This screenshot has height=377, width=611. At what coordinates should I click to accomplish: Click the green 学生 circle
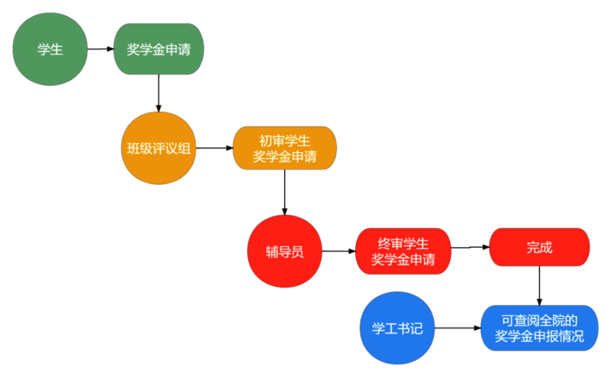(x=50, y=49)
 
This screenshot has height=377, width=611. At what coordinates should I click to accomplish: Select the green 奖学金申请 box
(x=159, y=49)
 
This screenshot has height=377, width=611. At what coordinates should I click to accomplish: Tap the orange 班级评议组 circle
(x=159, y=148)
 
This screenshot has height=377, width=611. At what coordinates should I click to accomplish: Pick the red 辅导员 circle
(x=284, y=252)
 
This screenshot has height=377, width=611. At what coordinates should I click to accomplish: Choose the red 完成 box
(x=539, y=248)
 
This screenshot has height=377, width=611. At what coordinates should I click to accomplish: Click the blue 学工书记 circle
(x=397, y=329)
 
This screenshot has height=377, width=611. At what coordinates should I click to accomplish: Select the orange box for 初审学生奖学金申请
(x=284, y=148)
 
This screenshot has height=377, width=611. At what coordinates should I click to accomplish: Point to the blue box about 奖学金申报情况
(x=539, y=328)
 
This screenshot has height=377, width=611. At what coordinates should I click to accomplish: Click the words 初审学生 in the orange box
(x=284, y=140)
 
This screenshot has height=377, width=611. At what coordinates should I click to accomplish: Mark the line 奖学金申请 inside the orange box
(x=284, y=157)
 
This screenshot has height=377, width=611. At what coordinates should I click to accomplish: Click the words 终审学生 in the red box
(x=403, y=243)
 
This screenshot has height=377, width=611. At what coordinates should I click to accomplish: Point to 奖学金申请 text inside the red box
(x=403, y=260)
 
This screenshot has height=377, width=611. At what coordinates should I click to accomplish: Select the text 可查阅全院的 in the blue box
(x=539, y=320)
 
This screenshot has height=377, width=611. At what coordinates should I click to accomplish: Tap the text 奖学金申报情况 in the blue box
(x=539, y=336)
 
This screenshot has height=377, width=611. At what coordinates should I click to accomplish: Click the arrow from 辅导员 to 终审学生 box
(x=338, y=251)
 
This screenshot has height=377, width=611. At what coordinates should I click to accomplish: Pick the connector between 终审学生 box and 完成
(x=470, y=249)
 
